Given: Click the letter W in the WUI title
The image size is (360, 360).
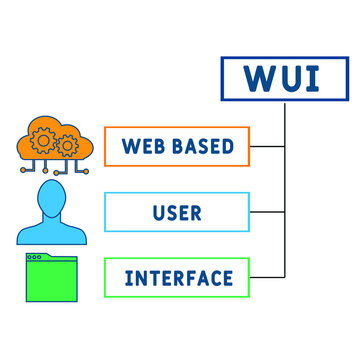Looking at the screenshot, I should point(251,78).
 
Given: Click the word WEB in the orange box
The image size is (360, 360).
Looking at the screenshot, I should point(142,147).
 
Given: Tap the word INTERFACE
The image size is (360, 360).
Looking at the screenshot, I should point(179,277).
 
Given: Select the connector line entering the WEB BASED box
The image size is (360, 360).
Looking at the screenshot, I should point(266,147).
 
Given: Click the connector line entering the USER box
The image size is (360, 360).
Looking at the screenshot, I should point(266,212).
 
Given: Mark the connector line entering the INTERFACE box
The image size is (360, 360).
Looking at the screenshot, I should point(266,277).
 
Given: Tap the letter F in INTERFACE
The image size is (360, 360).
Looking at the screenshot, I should point(190,277).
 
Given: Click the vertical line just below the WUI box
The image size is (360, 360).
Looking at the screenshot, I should point(286,115).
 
